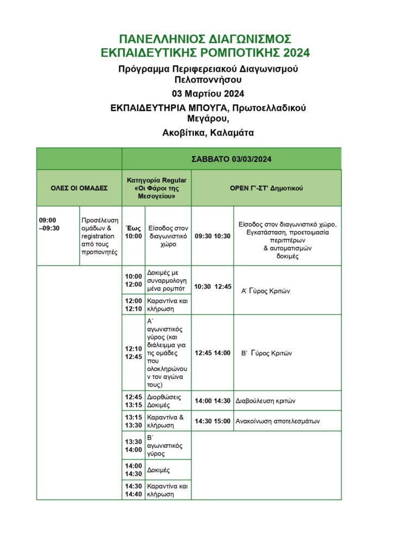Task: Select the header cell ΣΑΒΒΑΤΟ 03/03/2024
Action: [x=232, y=159]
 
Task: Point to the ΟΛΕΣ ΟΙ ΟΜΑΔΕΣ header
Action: [x=79, y=188]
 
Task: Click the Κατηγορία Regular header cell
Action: [x=157, y=188]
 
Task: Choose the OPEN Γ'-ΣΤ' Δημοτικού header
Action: [x=266, y=188]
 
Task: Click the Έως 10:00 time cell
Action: [x=134, y=232]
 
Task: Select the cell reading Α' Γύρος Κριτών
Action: [x=266, y=291]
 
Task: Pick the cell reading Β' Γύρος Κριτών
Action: [x=266, y=353]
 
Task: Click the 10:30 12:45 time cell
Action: [x=212, y=287]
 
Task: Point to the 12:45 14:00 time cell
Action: [x=212, y=353]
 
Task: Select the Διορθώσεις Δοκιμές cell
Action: [x=165, y=401]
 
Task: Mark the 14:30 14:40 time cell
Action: [x=134, y=490]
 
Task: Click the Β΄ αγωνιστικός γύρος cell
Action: [x=165, y=445]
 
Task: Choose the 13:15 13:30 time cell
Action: [x=134, y=421]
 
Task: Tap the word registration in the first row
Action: [x=98, y=236]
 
